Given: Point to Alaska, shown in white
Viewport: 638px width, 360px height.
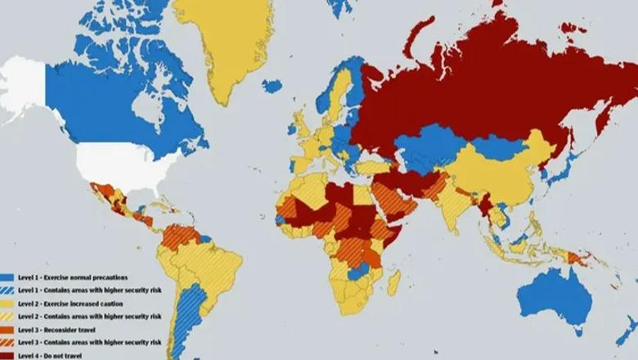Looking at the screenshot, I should (25, 90).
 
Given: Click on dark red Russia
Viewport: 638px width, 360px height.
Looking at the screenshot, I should (491, 90).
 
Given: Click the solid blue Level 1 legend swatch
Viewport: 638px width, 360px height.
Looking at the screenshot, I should (7, 277).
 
